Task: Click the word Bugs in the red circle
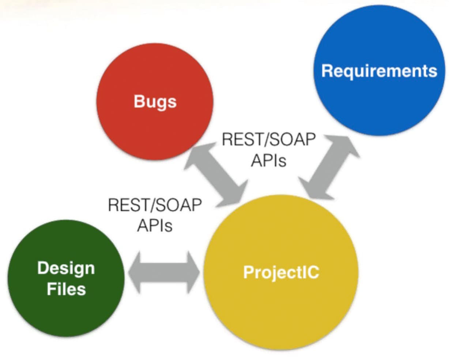point(155,102)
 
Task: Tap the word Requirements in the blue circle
point(379,71)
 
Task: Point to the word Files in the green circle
point(66,289)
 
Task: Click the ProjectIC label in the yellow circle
point(281,273)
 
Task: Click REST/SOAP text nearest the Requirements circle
point(268,140)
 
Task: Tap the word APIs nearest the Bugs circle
point(268,160)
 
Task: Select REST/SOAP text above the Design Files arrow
point(155,205)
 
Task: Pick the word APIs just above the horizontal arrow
point(155,226)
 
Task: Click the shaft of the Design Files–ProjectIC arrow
point(164,272)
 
